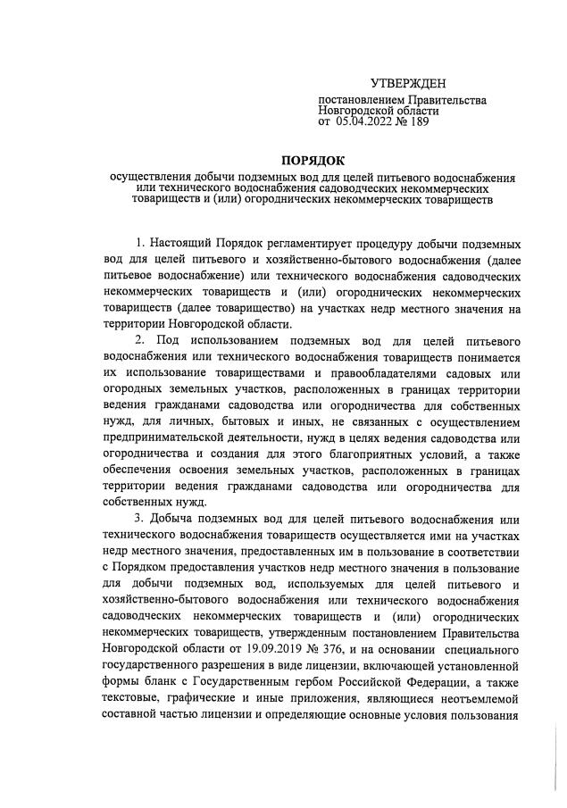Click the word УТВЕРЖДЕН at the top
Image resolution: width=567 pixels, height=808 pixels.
(x=409, y=83)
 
